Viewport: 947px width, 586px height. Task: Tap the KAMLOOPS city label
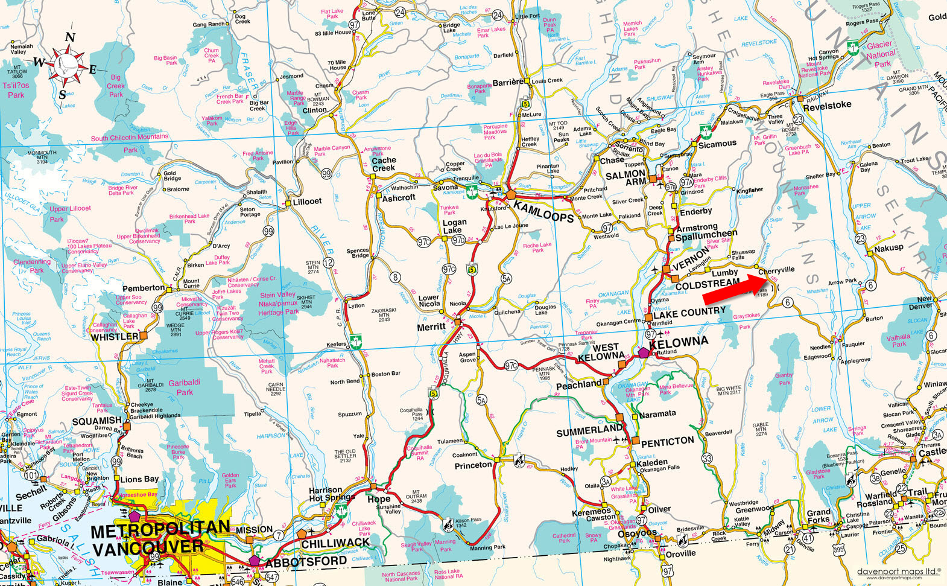(x=543, y=212)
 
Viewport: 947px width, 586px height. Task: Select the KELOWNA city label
(x=678, y=343)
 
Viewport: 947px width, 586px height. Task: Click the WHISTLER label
(x=115, y=337)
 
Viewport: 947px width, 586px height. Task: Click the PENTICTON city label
(x=667, y=441)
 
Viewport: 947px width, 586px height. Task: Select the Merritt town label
(x=431, y=326)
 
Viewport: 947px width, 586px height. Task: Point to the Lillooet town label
(x=307, y=201)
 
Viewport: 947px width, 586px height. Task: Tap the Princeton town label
(x=473, y=465)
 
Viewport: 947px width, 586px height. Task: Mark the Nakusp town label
(x=888, y=247)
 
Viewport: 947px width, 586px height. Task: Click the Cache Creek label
(x=384, y=164)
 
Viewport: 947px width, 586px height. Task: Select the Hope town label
(x=379, y=499)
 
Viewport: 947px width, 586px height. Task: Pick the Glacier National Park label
(x=881, y=54)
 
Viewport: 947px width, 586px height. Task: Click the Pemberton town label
(x=144, y=288)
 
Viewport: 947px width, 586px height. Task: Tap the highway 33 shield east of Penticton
(x=707, y=459)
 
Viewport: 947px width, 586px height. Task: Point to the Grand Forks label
(x=819, y=516)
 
